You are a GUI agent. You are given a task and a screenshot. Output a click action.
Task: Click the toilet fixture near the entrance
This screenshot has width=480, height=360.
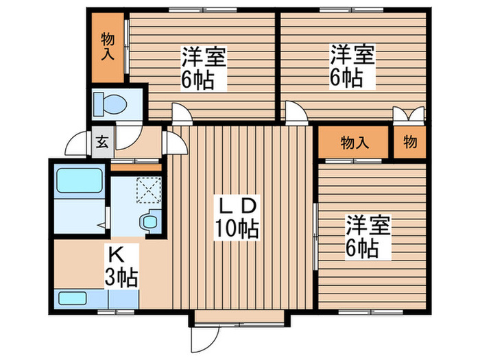click(x=112, y=103)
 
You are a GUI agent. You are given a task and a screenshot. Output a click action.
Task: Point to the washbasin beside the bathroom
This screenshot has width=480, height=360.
click(x=147, y=221)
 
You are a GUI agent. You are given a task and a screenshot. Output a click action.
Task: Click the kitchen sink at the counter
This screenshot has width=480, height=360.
click(x=73, y=299)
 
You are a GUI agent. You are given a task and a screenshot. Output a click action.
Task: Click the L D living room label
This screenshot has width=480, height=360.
click(x=237, y=204)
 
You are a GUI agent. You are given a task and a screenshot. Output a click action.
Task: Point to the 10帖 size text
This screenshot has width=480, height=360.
click(x=238, y=228)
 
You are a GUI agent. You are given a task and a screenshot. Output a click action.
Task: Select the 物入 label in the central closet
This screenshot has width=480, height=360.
click(x=355, y=143)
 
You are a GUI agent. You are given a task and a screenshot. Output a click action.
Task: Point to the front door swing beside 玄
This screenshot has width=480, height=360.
click(x=77, y=144)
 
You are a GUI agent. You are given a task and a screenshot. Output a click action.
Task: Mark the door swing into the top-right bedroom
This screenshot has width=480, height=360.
click(x=296, y=113)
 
